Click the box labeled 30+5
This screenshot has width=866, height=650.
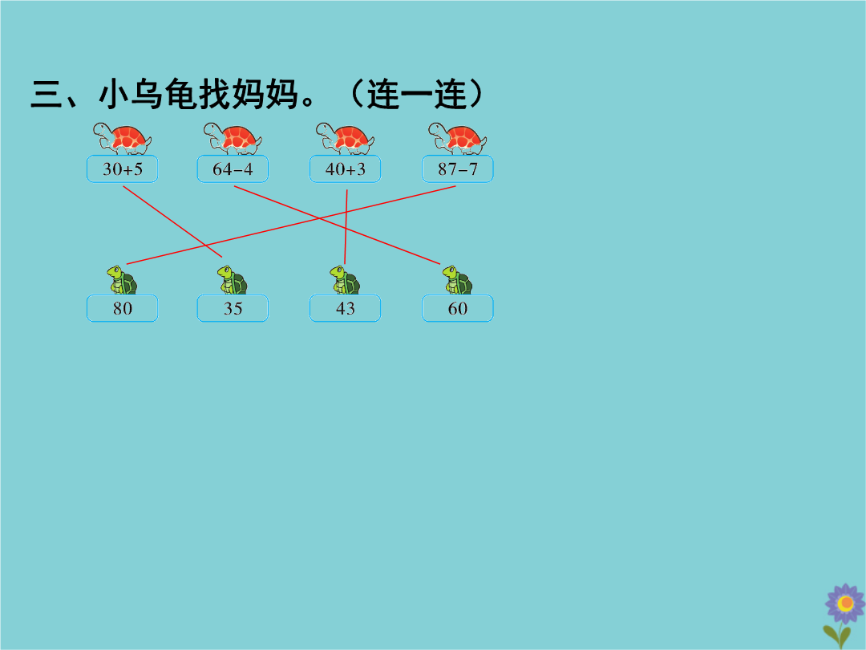tap(122, 169)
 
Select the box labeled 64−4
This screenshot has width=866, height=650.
tap(233, 169)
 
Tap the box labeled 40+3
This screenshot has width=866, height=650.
tap(345, 169)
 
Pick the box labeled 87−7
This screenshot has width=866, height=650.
tap(457, 169)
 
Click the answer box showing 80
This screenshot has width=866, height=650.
tap(122, 308)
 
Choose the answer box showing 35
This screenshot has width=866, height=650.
tap(233, 308)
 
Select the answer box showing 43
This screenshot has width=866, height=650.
tap(345, 308)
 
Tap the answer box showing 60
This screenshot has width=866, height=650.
tap(457, 308)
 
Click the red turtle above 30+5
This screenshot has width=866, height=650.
tap(122, 139)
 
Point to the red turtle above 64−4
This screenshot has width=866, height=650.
tap(233, 139)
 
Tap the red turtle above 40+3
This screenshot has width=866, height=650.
tap(345, 139)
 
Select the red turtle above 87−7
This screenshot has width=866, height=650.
tap(457, 139)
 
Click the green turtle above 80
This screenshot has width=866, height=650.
tap(122, 280)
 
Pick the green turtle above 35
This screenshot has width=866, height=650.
tap(233, 280)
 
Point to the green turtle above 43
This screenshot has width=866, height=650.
tap(345, 280)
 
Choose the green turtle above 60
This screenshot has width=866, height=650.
tap(457, 280)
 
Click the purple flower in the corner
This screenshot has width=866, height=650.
tap(844, 603)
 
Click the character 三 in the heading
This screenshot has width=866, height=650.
tap(47, 95)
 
